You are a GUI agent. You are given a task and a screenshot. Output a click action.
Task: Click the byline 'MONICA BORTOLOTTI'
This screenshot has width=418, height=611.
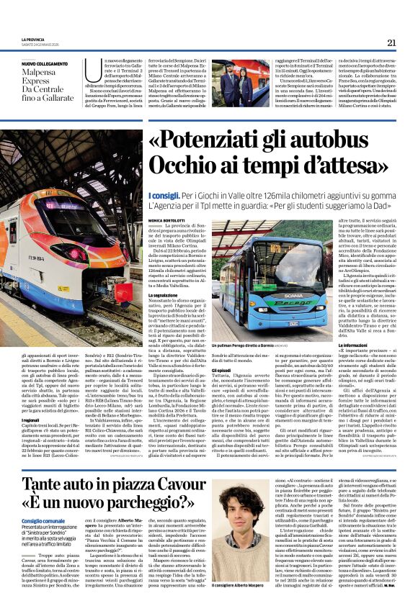(x=168, y=219)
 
